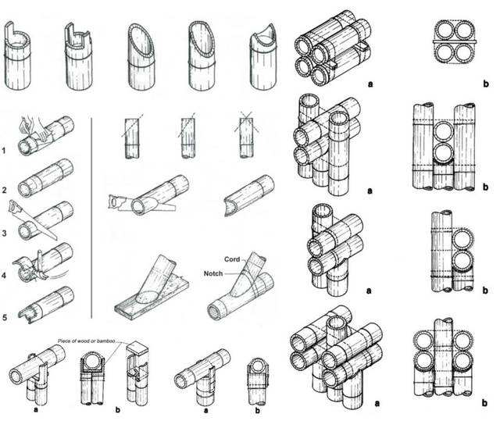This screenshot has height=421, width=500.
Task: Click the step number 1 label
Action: point(4,150)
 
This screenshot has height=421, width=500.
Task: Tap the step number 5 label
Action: point(4,317)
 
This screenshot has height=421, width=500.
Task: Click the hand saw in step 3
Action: point(33,219)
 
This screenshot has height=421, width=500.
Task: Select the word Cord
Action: point(232,259)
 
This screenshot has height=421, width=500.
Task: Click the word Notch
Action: point(213,273)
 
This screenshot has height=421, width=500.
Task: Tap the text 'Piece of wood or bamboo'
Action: point(86,341)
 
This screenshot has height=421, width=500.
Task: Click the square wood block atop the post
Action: point(138,348)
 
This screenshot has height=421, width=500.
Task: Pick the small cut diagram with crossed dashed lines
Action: point(246,137)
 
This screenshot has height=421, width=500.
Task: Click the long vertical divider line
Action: point(92,218)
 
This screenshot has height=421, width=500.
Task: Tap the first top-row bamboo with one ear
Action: point(17,55)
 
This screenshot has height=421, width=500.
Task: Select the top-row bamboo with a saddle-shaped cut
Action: point(263,57)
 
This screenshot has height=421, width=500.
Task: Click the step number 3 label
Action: point(4,234)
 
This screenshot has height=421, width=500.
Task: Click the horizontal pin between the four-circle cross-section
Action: point(455,41)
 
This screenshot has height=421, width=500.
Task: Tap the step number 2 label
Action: point(4,191)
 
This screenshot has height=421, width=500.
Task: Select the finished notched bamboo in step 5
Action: point(46,305)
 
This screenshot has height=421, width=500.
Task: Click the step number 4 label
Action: point(4,275)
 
